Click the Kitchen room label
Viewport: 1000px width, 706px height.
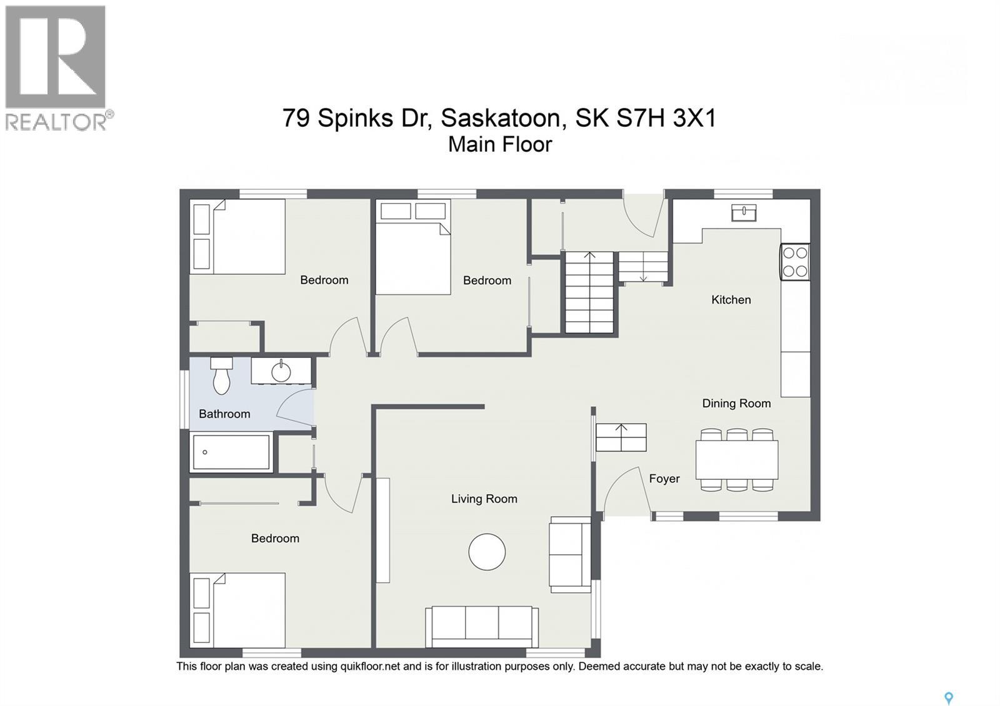point(731,299)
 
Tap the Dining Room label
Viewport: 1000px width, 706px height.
point(736,404)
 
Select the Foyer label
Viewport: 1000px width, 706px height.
point(664,479)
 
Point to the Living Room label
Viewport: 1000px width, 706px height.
point(484,499)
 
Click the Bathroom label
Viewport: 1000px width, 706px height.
point(224,414)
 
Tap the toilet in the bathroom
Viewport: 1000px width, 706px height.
point(221,375)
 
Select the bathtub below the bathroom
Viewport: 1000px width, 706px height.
point(231,452)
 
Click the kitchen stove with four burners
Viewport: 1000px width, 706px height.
point(795,262)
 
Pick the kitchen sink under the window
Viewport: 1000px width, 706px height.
point(744,212)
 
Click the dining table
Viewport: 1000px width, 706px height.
point(737,460)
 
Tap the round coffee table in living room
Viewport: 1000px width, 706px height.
point(487,552)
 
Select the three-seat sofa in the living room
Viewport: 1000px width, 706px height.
point(482,627)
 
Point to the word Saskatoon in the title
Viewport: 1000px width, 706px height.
point(504,118)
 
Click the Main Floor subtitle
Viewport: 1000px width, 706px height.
point(500,144)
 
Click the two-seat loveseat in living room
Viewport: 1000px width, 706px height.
point(571,555)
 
